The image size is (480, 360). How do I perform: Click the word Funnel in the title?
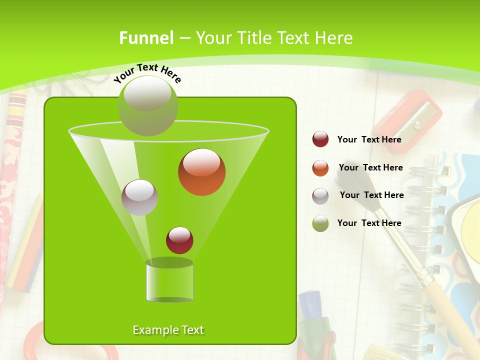pyautogui.click(x=146, y=37)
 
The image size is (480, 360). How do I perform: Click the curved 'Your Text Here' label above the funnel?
pyautogui.click(x=147, y=72)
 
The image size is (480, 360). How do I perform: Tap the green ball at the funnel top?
pyautogui.click(x=147, y=105)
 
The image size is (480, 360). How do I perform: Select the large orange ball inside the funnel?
pyautogui.click(x=201, y=172)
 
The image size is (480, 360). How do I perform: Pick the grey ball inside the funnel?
pyautogui.click(x=139, y=197)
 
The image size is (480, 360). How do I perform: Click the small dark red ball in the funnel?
pyautogui.click(x=179, y=240)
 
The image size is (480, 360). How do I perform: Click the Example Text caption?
pyautogui.click(x=168, y=330)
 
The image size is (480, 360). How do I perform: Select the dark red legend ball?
pyautogui.click(x=320, y=139)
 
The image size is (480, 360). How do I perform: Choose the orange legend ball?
pyautogui.click(x=320, y=168)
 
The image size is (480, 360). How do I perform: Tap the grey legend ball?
pyautogui.click(x=320, y=196)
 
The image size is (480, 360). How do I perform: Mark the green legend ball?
pyautogui.click(x=320, y=223)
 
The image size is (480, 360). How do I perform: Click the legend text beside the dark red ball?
pyautogui.click(x=369, y=139)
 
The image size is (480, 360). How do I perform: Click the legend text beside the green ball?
pyautogui.click(x=369, y=223)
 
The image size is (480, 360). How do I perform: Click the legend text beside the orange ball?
pyautogui.click(x=370, y=167)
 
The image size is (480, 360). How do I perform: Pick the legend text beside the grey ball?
pyautogui.click(x=371, y=195)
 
